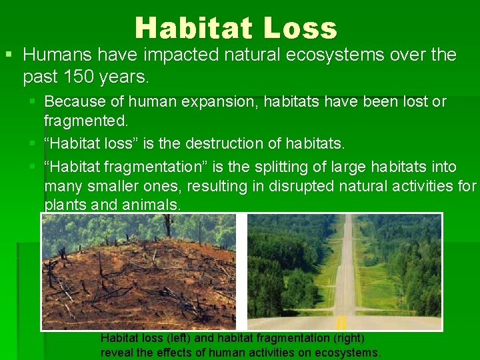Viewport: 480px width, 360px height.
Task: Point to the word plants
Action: (64, 205)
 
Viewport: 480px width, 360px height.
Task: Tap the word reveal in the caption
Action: (115, 353)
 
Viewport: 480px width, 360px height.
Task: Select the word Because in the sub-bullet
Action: (70, 102)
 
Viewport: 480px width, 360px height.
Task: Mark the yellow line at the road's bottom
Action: (341, 323)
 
